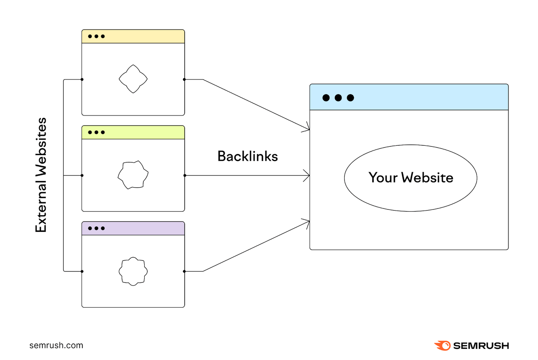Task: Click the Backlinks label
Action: (x=247, y=156)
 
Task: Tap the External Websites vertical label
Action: (x=41, y=175)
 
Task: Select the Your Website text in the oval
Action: (x=411, y=178)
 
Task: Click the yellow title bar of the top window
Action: (x=143, y=37)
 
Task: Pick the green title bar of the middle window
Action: (x=143, y=132)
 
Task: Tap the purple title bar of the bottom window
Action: (x=143, y=229)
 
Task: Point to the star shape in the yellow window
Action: (x=133, y=79)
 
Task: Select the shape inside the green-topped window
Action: (x=133, y=175)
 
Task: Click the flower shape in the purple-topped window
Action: (x=133, y=271)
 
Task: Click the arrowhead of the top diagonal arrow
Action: (x=307, y=128)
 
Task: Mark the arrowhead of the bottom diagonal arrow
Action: (x=307, y=222)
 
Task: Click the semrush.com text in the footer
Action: (x=56, y=345)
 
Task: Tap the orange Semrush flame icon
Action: (x=443, y=346)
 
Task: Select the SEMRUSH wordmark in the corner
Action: (x=481, y=346)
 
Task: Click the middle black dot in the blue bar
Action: (x=338, y=98)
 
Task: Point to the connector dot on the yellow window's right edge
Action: (x=184, y=79)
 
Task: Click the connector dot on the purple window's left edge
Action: (x=82, y=271)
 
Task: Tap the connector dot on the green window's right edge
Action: (x=185, y=176)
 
